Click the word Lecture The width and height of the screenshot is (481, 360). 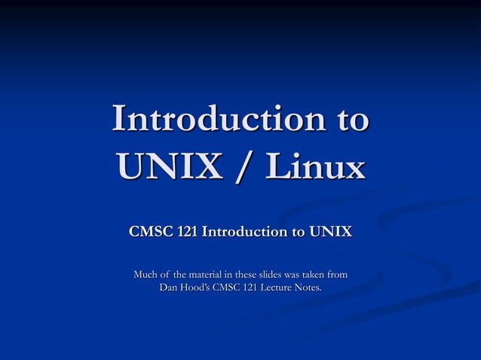pyautogui.click(x=277, y=288)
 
